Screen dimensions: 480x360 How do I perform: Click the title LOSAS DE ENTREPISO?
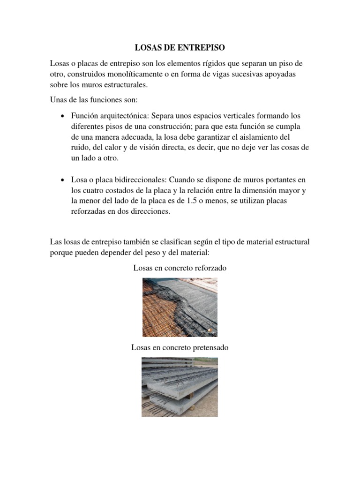[180, 48]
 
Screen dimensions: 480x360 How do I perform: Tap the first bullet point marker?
[62, 115]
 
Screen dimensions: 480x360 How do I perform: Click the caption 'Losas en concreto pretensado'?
[180, 347]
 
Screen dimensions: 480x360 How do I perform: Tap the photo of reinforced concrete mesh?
[180, 307]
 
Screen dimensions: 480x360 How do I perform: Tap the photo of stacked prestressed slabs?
[180, 387]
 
